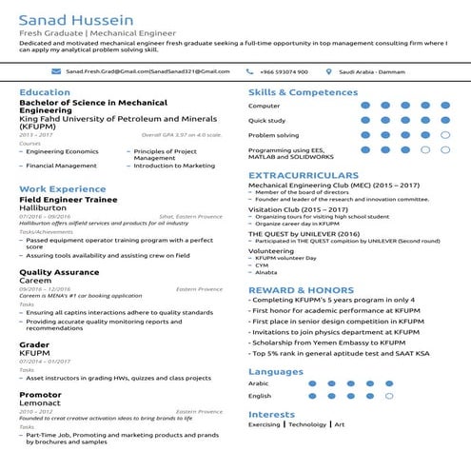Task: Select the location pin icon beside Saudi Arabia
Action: (329, 71)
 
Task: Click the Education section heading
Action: (44, 92)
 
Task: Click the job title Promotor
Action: (40, 394)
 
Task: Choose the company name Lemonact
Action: (39, 402)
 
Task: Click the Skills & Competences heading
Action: (303, 92)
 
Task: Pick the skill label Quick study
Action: (267, 121)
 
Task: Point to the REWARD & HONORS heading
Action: (302, 289)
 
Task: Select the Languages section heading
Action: (275, 371)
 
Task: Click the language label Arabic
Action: (259, 383)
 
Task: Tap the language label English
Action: (260, 396)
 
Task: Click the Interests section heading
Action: (271, 414)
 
